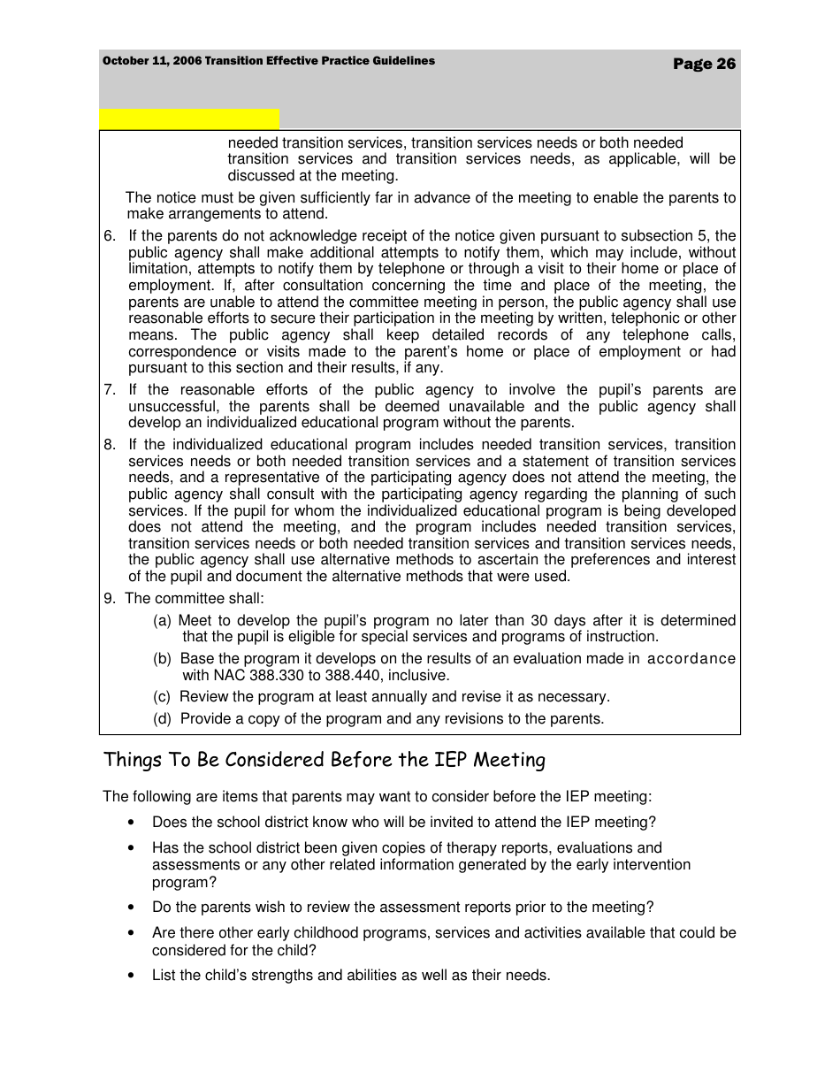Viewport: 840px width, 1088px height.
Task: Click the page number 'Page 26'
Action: [704, 64]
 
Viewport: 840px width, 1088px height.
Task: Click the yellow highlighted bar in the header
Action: [189, 119]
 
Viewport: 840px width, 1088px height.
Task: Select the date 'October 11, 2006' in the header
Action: [151, 61]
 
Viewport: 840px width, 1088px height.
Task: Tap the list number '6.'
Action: [110, 236]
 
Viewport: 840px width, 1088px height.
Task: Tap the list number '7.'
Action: [110, 390]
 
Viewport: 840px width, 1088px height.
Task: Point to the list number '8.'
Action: [110, 445]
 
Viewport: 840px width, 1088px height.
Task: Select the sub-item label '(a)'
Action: [163, 621]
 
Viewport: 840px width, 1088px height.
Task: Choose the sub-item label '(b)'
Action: [163, 659]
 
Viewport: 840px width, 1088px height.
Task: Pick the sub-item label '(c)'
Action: [163, 697]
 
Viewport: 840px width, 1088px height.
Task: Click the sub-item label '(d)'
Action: [163, 719]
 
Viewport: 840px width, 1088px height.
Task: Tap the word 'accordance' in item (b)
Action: [691, 659]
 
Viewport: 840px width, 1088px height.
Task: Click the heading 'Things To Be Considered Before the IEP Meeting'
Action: [325, 761]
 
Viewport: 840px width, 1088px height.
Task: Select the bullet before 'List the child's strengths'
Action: [132, 977]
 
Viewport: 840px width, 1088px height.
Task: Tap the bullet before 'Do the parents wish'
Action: [132, 908]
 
